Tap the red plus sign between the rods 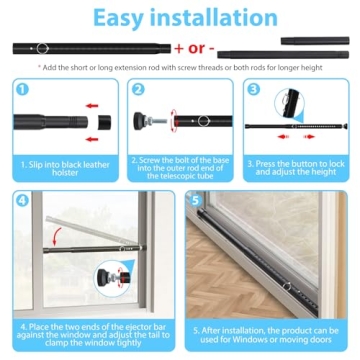click(181, 48)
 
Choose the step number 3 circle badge click(253, 89)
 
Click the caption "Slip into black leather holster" click(61, 166)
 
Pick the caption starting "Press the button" click(298, 166)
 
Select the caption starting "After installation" click(267, 332)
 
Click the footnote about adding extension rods click(180, 68)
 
